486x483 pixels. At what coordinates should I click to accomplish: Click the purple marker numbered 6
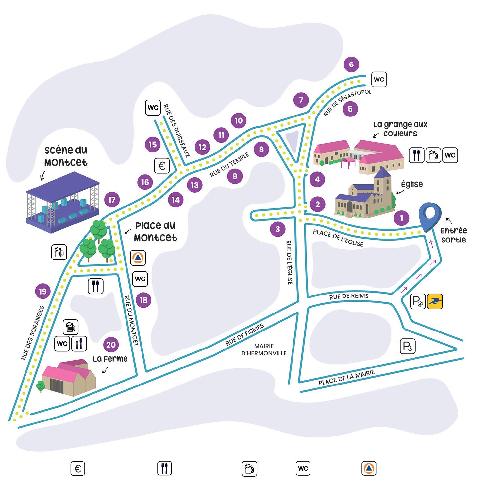(x=351, y=64)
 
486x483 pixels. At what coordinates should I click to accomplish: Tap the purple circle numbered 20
(x=111, y=345)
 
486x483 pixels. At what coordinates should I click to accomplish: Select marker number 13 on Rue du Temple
(x=194, y=185)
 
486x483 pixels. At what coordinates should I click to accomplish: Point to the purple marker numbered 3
(x=278, y=229)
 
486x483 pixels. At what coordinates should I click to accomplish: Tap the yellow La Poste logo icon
(x=435, y=301)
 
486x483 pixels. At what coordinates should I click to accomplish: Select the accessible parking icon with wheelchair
(x=408, y=346)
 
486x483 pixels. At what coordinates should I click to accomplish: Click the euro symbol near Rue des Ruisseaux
(x=162, y=166)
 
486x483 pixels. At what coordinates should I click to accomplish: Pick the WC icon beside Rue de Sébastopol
(x=379, y=80)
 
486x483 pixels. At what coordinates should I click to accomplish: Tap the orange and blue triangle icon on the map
(x=138, y=258)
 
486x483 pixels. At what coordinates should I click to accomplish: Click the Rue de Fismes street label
(x=244, y=335)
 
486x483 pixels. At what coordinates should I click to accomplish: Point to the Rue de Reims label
(x=349, y=296)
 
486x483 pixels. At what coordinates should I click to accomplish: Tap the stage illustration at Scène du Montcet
(x=62, y=205)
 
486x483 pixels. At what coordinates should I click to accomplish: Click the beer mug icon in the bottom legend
(x=249, y=469)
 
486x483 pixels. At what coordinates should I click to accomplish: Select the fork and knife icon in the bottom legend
(x=164, y=469)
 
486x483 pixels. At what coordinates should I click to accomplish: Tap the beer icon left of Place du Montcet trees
(x=59, y=252)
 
